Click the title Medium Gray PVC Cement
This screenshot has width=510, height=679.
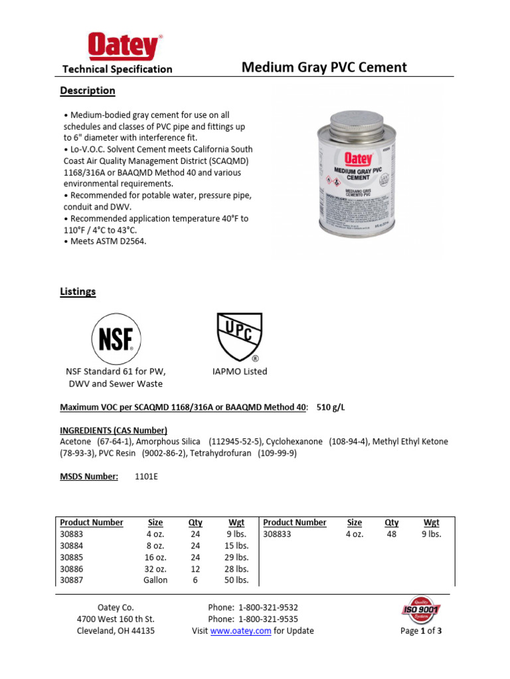[324, 67]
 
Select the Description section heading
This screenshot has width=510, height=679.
[88, 90]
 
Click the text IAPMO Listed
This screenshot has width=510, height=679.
[236, 371]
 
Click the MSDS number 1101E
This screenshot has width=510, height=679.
[145, 476]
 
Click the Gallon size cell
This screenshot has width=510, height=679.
[155, 580]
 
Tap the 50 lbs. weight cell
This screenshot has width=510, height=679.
[236, 580]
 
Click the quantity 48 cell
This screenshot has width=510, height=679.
[391, 534]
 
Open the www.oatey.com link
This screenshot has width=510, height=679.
[240, 631]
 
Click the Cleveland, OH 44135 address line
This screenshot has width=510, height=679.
[116, 631]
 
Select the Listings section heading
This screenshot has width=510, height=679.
[78, 291]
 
